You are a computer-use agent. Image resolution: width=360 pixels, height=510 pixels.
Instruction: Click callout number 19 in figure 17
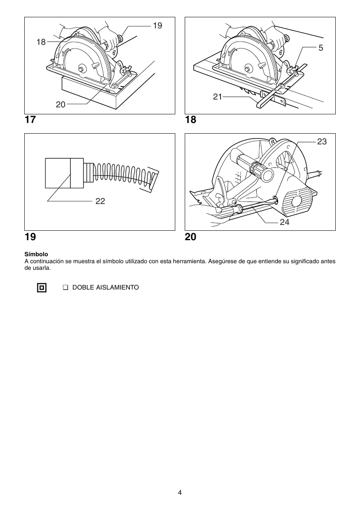click(x=158, y=25)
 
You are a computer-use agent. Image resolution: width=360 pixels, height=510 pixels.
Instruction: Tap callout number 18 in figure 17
click(x=41, y=42)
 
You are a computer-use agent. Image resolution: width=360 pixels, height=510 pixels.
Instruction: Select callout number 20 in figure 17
click(x=60, y=104)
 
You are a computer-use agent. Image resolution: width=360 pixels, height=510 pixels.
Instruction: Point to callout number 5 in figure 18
click(x=321, y=48)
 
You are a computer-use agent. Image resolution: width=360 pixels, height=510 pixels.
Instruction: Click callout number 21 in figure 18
click(x=217, y=97)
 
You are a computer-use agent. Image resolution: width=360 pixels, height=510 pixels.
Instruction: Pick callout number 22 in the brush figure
click(x=100, y=201)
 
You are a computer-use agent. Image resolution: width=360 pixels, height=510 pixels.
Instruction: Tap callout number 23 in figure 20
click(x=322, y=141)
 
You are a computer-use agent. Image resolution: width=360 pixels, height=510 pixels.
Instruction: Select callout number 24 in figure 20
click(x=284, y=222)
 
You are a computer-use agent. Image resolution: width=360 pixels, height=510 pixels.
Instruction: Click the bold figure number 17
click(x=30, y=120)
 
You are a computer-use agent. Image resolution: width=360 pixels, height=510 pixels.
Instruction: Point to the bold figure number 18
click(x=190, y=120)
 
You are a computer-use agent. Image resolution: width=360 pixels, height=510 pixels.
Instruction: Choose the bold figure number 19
click(x=30, y=237)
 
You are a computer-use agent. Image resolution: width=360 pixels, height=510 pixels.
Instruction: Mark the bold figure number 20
click(x=190, y=237)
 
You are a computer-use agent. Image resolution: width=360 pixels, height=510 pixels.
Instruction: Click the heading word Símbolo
click(x=36, y=255)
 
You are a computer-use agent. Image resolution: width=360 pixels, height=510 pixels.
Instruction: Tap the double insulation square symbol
click(x=42, y=287)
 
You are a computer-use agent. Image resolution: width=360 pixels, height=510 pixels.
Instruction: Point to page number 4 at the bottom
click(x=180, y=492)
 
